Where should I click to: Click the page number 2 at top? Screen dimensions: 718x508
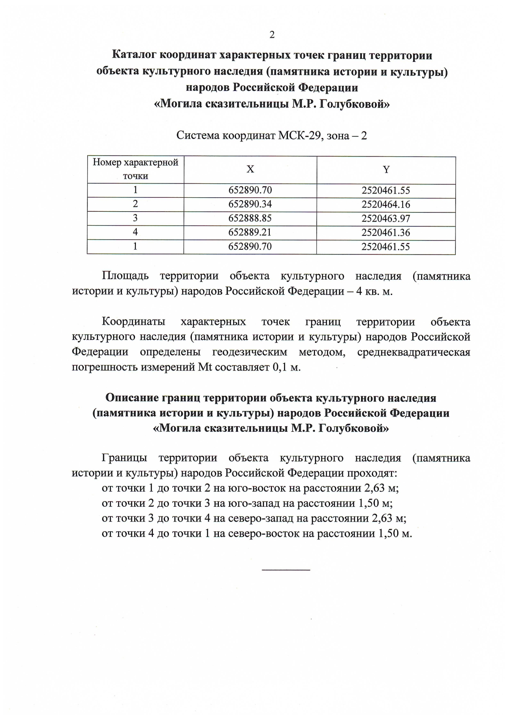point(272,35)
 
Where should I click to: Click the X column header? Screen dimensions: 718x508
point(250,169)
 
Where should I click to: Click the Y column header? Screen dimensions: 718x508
point(386,170)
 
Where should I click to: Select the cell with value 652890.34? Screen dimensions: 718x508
point(250,204)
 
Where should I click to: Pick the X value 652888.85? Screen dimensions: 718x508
point(250,218)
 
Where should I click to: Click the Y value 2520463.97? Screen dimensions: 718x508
point(386,219)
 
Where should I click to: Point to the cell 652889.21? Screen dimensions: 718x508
point(250,232)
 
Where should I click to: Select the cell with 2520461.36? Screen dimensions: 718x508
point(386,233)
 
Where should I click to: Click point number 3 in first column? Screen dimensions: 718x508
point(135,218)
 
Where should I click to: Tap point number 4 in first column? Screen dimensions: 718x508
point(135,232)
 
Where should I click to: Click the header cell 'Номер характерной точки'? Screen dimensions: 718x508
point(135,169)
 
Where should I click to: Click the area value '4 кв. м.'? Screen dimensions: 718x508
point(374,292)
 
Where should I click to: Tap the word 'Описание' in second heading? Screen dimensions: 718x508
point(131,398)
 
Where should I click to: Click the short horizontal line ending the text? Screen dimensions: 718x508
point(286,570)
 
